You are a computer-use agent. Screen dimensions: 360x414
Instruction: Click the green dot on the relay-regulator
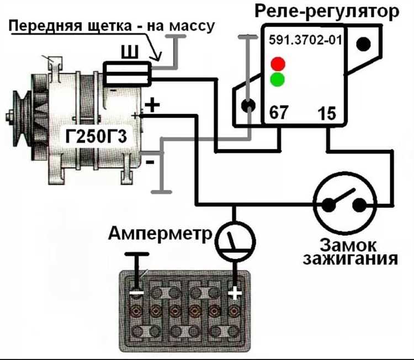tap(277, 80)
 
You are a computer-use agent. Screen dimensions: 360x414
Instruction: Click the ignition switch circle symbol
tap(344, 205)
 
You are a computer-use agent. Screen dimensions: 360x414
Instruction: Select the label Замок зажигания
tap(350, 252)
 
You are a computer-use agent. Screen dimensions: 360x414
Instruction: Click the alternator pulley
tap(22, 116)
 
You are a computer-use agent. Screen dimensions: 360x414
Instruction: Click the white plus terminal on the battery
tap(235, 292)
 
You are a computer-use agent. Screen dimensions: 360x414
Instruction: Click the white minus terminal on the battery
tap(136, 292)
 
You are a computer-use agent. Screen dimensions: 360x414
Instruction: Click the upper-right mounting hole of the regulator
tap(362, 45)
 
